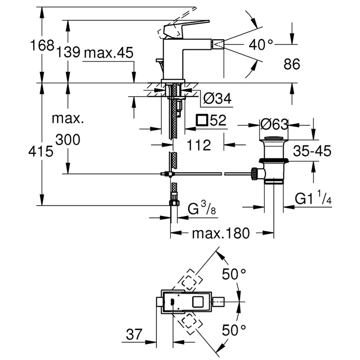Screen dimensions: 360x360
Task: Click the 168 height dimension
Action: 42,45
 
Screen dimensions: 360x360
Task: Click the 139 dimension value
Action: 68,52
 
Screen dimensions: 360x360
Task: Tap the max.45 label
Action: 109,53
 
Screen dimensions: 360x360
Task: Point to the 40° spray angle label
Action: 261,44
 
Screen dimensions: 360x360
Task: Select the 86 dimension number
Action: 292,64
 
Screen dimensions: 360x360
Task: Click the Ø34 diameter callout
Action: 217,99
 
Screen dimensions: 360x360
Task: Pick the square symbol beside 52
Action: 202,120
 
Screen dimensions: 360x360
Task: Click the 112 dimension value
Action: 199,145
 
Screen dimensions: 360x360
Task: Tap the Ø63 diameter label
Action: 274,124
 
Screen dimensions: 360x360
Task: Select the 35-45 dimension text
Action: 312,151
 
